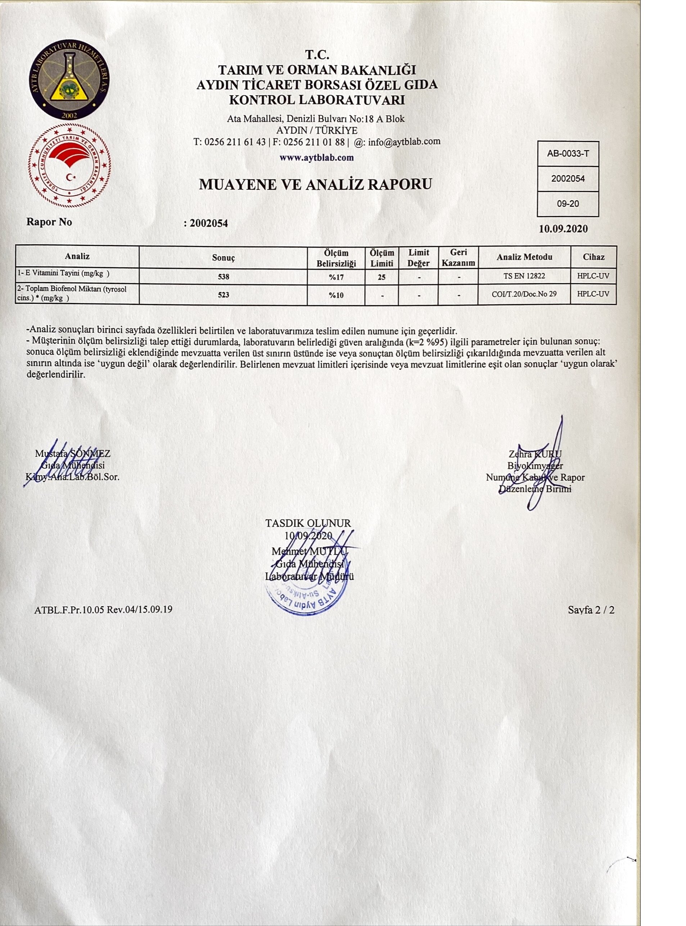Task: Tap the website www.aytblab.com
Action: (x=316, y=158)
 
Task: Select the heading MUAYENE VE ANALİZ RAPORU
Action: (x=316, y=184)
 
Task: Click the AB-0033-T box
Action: (x=568, y=154)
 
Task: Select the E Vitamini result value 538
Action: (x=224, y=276)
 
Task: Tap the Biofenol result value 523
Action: (x=224, y=295)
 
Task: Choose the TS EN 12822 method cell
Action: (x=524, y=276)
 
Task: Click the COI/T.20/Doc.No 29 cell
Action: (x=524, y=294)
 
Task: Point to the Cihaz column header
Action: (x=594, y=257)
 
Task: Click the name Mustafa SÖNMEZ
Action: (x=73, y=453)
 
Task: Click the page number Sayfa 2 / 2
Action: (x=591, y=610)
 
